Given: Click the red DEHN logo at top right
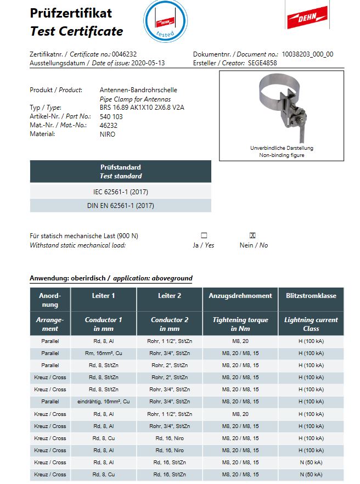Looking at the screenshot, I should pyautogui.click(x=307, y=16).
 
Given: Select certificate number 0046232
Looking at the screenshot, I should pyautogui.click(x=124, y=54).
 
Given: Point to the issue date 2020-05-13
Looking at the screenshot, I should pyautogui.click(x=148, y=63).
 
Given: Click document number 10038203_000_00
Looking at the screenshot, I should pyautogui.click(x=307, y=54).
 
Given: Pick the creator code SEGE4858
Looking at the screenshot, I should pyautogui.click(x=263, y=63).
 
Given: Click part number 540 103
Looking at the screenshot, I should pyautogui.click(x=111, y=116).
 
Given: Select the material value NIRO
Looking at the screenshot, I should pyautogui.click(x=108, y=134).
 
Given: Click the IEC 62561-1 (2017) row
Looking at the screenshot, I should pyautogui.click(x=120, y=192).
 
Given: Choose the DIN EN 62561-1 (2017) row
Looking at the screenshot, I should pyautogui.click(x=120, y=206).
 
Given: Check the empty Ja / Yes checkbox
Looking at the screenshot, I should pyautogui.click(x=204, y=235).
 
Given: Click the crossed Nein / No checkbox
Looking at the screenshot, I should pyautogui.click(x=253, y=235).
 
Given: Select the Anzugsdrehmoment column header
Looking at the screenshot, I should pyautogui.click(x=240, y=296).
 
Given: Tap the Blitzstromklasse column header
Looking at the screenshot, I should pyautogui.click(x=311, y=296).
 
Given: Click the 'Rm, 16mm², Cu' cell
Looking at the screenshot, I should pyautogui.click(x=104, y=353).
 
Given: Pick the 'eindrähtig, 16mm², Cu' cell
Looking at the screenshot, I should pyautogui.click(x=104, y=402).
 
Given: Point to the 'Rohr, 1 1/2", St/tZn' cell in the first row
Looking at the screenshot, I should pyautogui.click(x=170, y=341).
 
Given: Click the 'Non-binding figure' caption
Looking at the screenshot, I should pyautogui.click(x=282, y=155).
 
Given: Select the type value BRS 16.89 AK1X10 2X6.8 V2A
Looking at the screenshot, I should pyautogui.click(x=143, y=108).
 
